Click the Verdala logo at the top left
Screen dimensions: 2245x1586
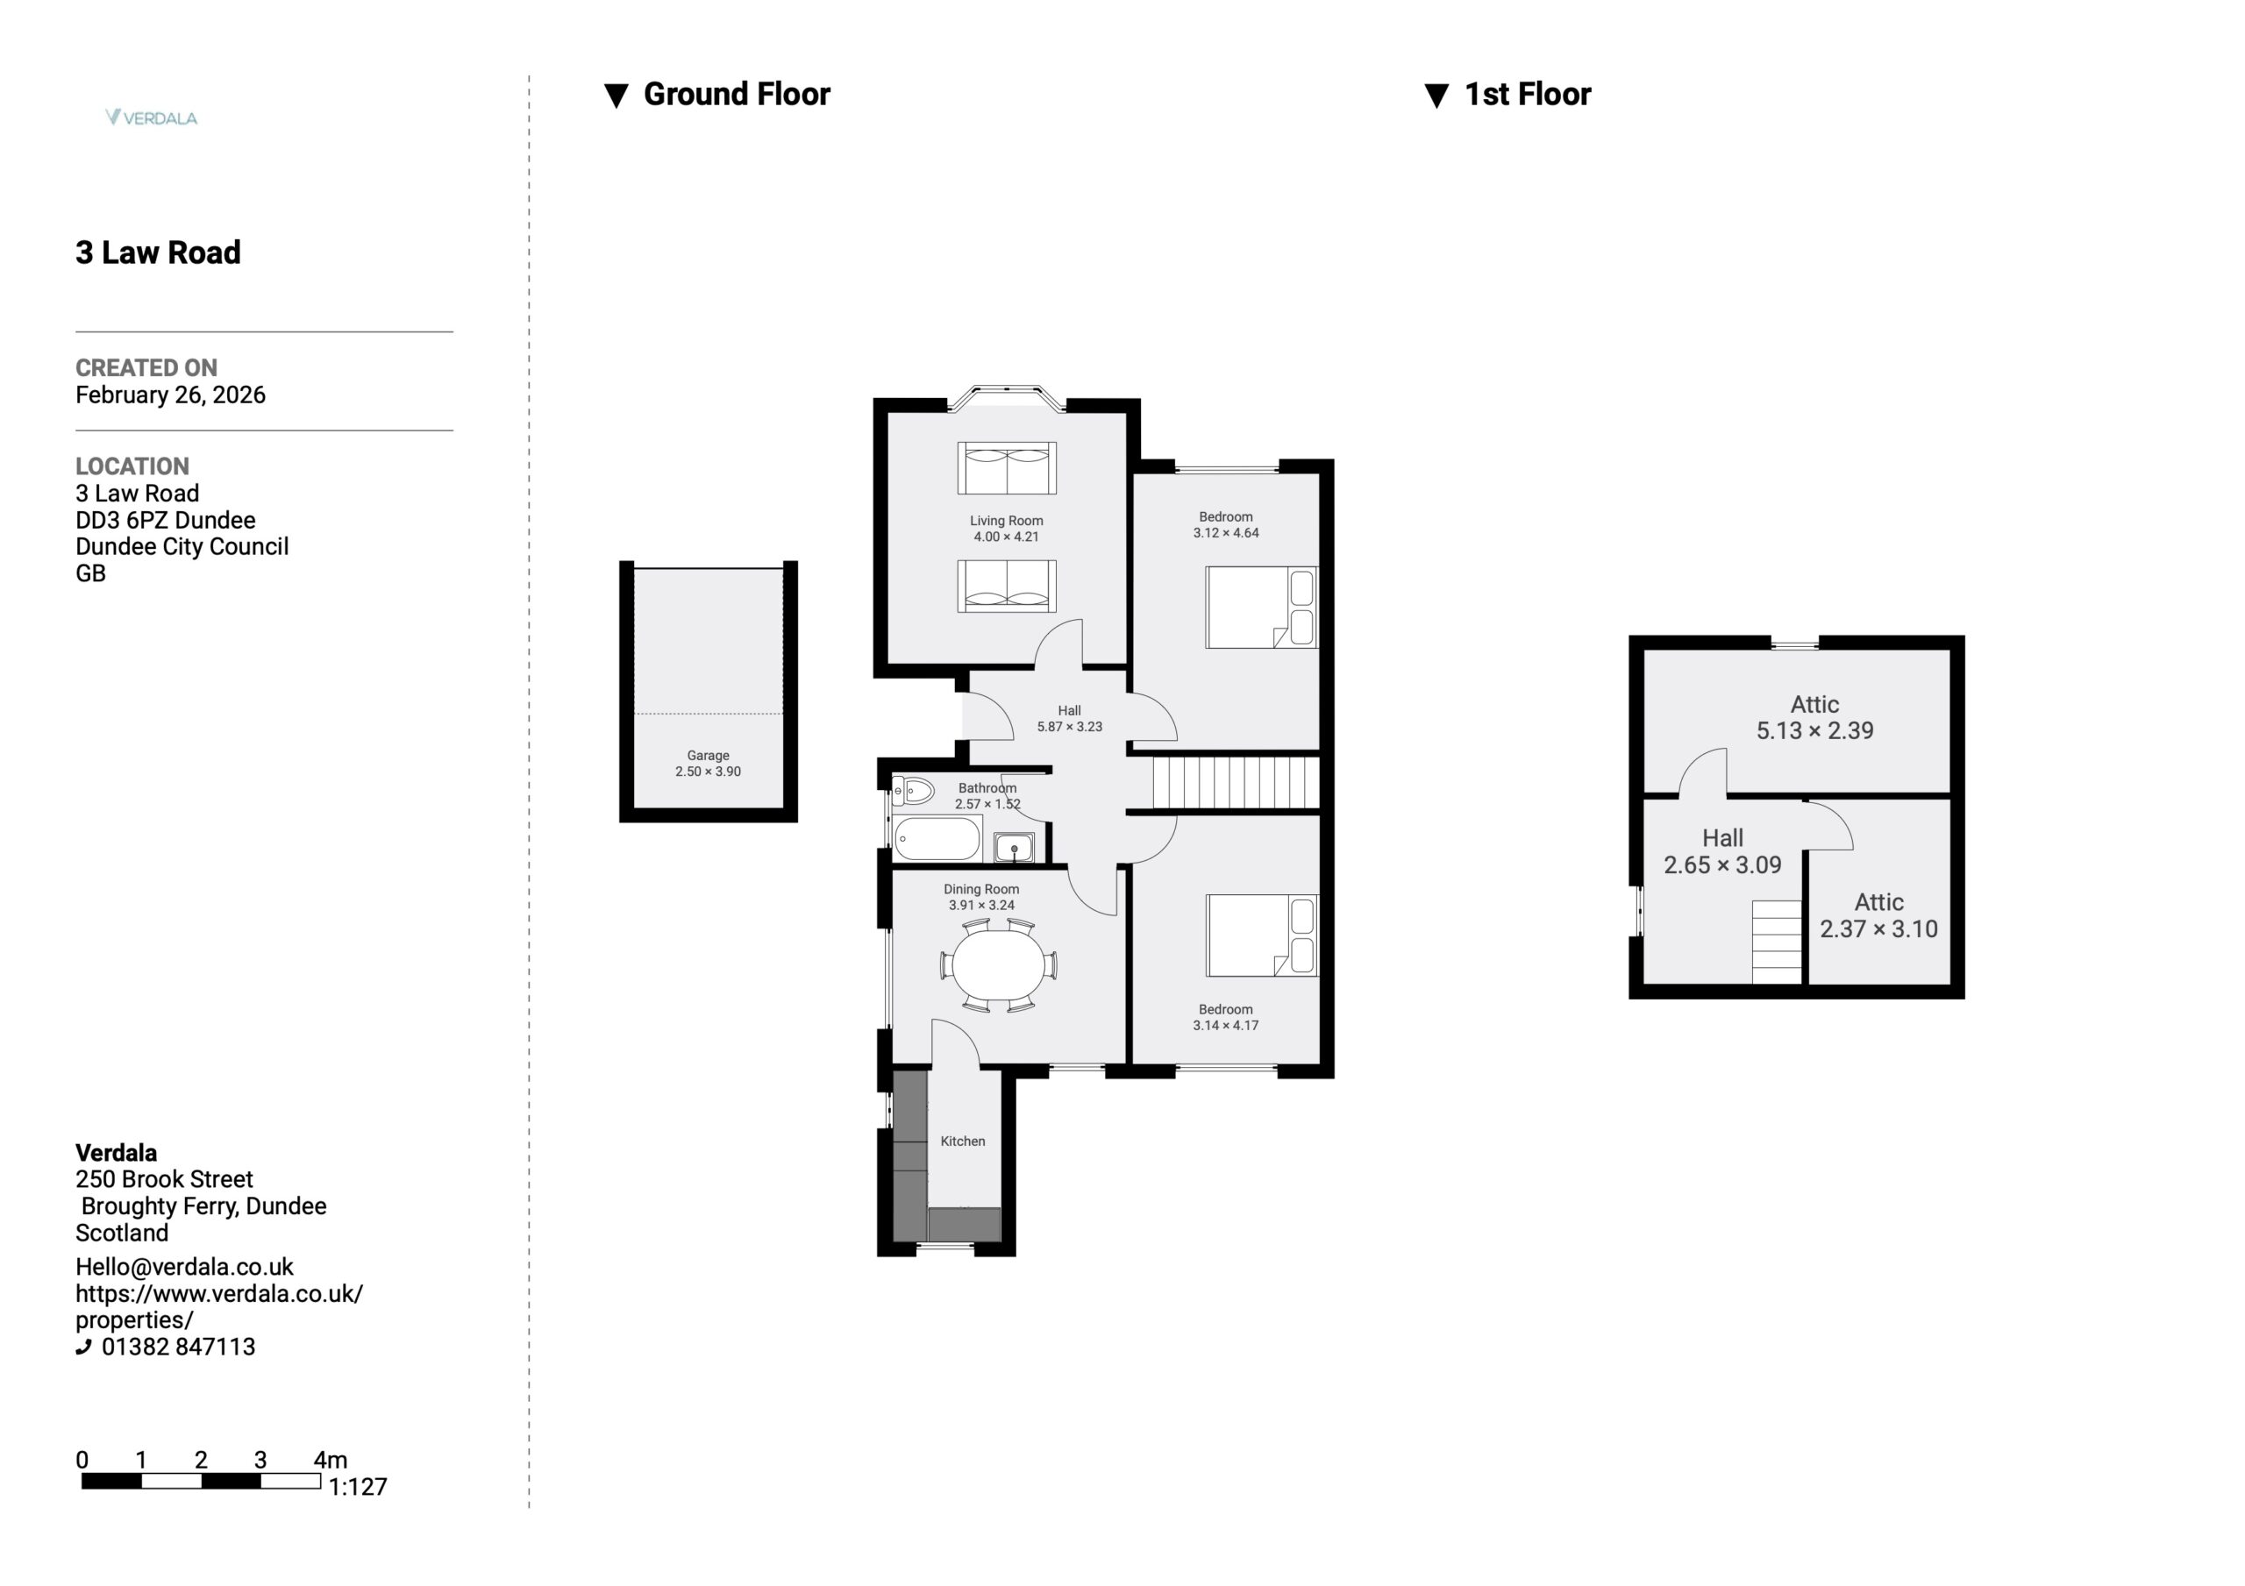(x=152, y=117)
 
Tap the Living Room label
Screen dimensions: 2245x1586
(x=1006, y=521)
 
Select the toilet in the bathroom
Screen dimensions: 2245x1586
(x=913, y=790)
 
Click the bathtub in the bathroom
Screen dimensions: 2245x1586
(x=937, y=839)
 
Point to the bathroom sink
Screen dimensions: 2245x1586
(x=1014, y=847)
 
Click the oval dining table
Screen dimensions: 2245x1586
(x=998, y=965)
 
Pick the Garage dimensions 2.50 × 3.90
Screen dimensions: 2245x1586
(x=708, y=772)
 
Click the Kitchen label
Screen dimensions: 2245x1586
(x=963, y=1141)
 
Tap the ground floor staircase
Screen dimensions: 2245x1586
(x=1236, y=783)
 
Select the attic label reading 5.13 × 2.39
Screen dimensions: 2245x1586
(x=1814, y=730)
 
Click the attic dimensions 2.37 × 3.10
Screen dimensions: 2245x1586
(x=1878, y=929)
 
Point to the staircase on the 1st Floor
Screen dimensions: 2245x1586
(x=1777, y=942)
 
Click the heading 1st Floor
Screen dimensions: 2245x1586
(x=1528, y=94)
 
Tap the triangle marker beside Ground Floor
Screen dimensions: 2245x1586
(x=616, y=96)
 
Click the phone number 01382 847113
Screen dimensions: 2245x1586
(x=178, y=1347)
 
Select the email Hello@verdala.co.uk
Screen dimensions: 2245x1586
(x=184, y=1267)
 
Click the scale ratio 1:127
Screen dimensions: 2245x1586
(x=358, y=1487)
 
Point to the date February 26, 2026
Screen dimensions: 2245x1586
(x=170, y=395)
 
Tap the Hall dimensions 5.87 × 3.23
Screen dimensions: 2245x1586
(x=1070, y=727)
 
